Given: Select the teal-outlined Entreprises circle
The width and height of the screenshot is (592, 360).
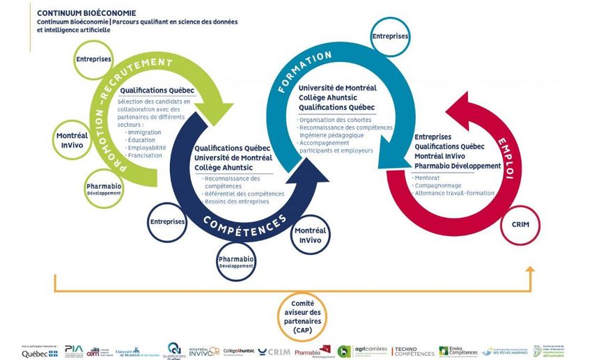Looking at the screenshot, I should point(390,36).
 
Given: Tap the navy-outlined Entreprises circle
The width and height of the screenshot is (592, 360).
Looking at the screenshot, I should point(167,221).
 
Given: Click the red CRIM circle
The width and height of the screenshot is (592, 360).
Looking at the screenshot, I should point(520,224).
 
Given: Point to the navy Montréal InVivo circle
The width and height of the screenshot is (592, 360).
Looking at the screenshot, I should point(309,235).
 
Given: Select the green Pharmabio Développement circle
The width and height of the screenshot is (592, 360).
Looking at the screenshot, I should point(103,189).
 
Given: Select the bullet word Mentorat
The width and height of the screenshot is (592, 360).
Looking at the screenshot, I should point(426,178).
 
